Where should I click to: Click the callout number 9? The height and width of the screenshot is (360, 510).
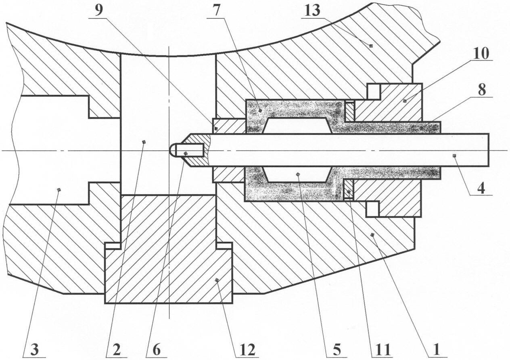coord(98,11)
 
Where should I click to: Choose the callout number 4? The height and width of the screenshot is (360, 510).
coord(481,188)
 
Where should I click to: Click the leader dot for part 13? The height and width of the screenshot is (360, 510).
coord(371,46)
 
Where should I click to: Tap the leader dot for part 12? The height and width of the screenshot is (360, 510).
coord(217,280)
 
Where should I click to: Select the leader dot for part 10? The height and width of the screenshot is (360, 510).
coord(405,100)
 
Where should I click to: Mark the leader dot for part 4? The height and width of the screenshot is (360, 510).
coord(454,156)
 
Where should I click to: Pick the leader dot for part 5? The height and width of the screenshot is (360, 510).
coord(297,174)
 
